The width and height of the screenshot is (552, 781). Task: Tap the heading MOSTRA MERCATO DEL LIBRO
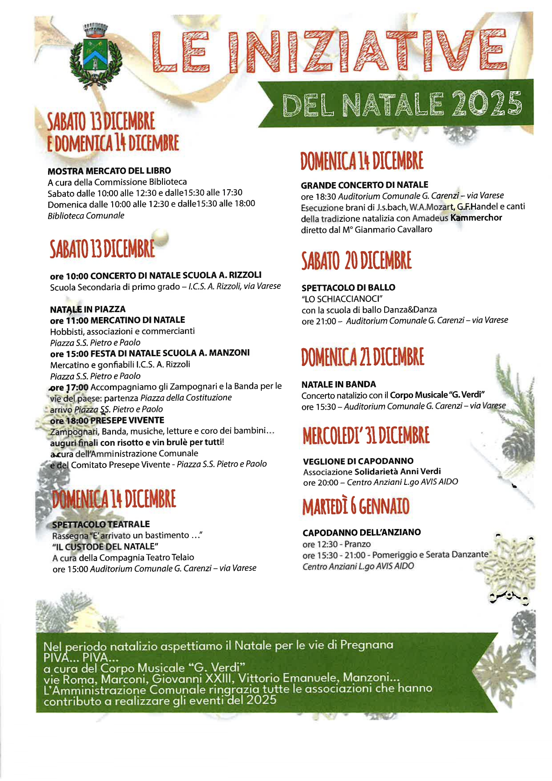pyautogui.click(x=109, y=171)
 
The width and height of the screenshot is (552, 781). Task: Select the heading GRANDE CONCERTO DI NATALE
pyautogui.click(x=364, y=185)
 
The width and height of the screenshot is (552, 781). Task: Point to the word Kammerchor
pyautogui.click(x=476, y=218)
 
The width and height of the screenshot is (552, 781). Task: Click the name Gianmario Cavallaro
pyautogui.click(x=393, y=229)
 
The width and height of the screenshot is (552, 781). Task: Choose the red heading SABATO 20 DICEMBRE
pyautogui.click(x=356, y=261)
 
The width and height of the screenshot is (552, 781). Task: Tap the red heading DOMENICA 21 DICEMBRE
pyautogui.click(x=362, y=357)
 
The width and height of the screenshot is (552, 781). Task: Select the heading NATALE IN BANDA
pyautogui.click(x=338, y=384)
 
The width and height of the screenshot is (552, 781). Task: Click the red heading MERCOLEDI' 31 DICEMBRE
pyautogui.click(x=366, y=435)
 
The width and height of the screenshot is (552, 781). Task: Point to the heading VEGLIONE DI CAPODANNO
pyautogui.click(x=358, y=461)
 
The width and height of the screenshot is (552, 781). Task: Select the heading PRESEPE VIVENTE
pyautogui.click(x=127, y=420)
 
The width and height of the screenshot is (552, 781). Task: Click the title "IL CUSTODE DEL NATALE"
pyautogui.click(x=106, y=546)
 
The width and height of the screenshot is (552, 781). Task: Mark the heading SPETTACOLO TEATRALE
pyautogui.click(x=101, y=524)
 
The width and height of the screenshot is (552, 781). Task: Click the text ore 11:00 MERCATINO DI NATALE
pyautogui.click(x=118, y=320)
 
